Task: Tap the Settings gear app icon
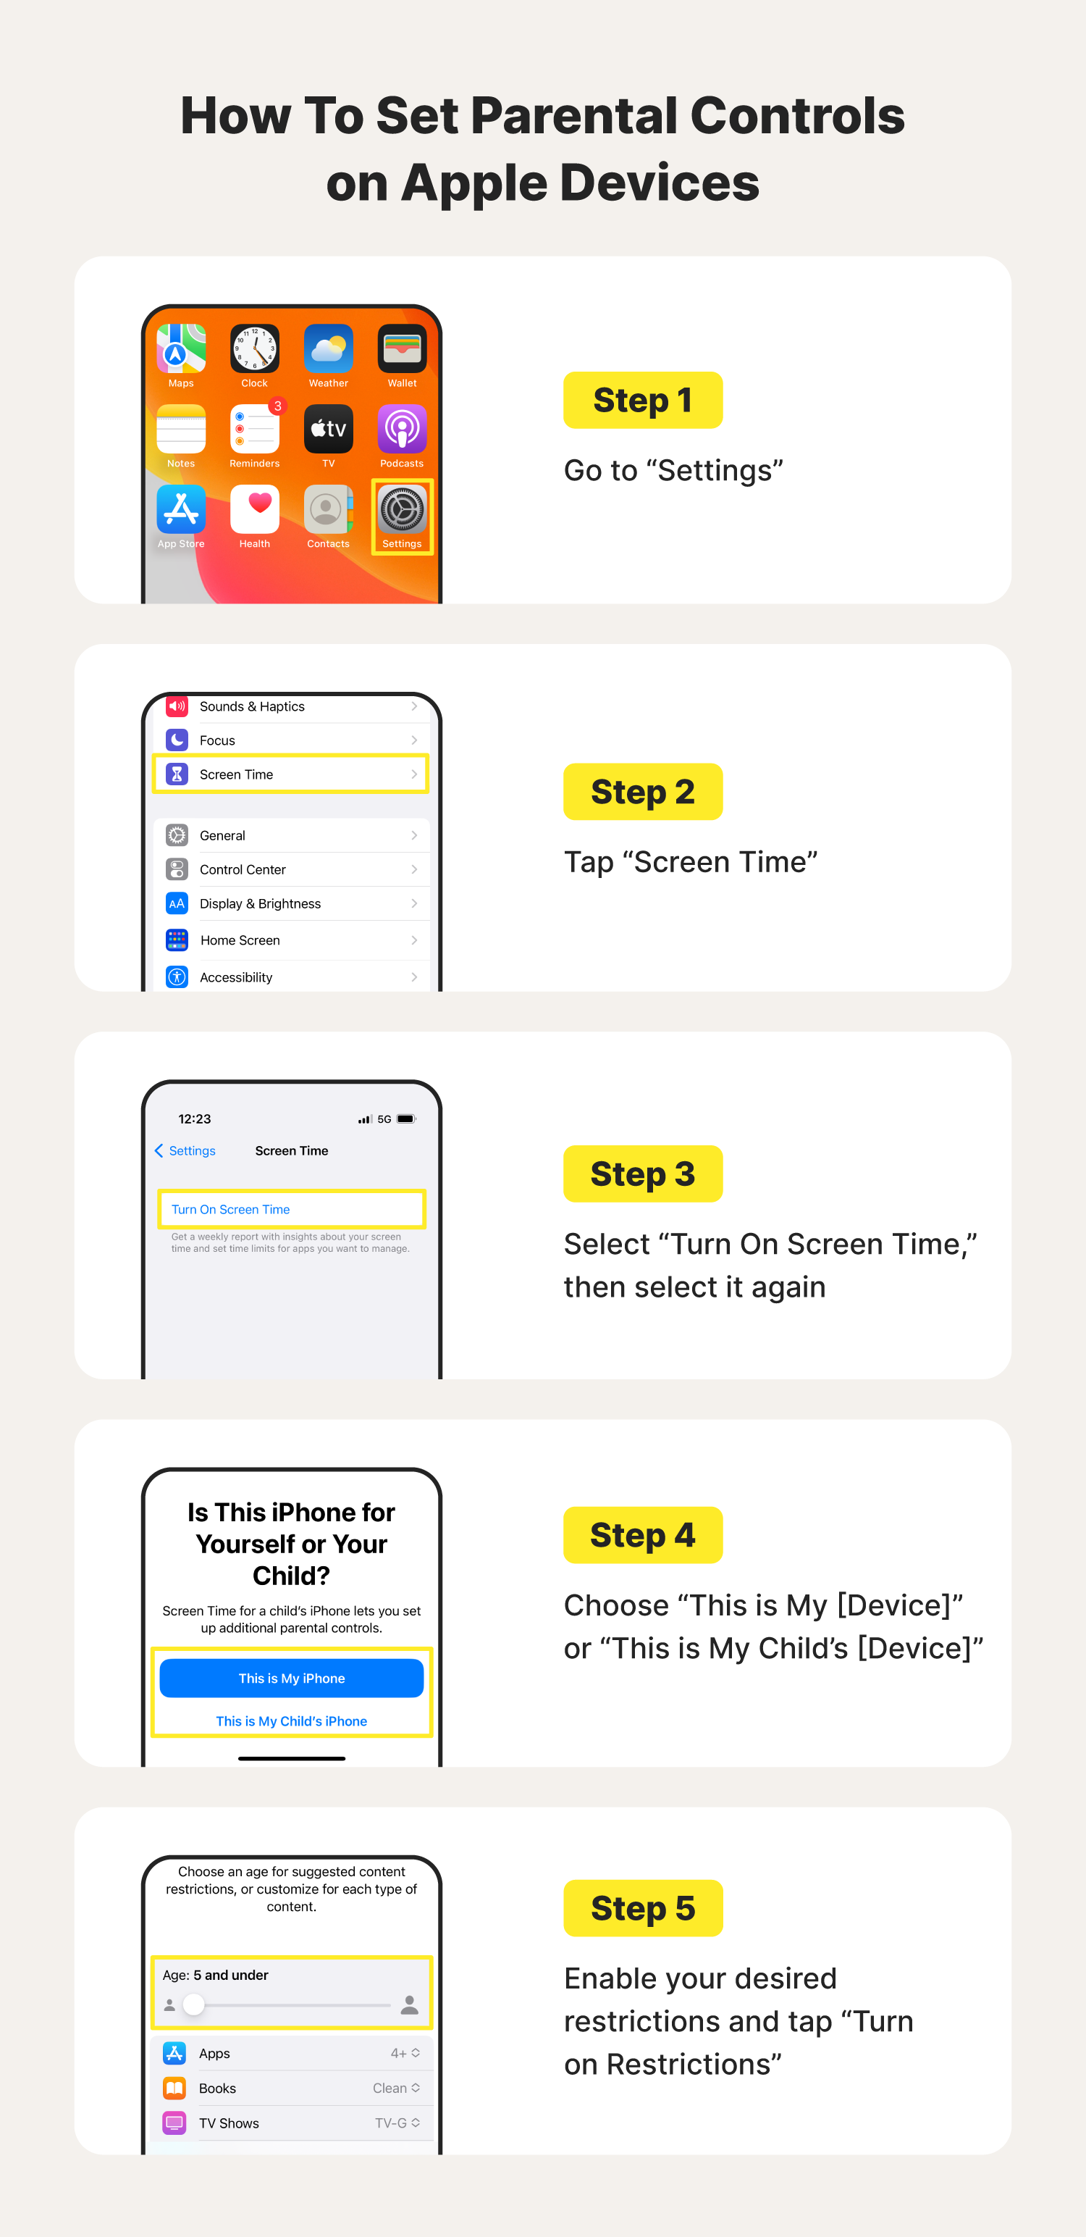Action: pyautogui.click(x=402, y=510)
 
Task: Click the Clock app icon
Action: pyautogui.click(x=254, y=349)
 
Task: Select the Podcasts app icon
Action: pyautogui.click(x=402, y=429)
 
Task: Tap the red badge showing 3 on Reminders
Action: pyautogui.click(x=278, y=406)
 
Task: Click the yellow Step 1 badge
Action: pyautogui.click(x=642, y=401)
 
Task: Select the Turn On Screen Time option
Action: pyautogui.click(x=231, y=1210)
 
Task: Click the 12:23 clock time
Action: pyautogui.click(x=195, y=1119)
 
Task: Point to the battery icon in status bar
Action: pyautogui.click(x=406, y=1119)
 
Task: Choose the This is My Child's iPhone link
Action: pyautogui.click(x=292, y=1721)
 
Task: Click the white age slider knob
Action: pyautogui.click(x=193, y=2004)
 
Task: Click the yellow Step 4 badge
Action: pyautogui.click(x=642, y=1535)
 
